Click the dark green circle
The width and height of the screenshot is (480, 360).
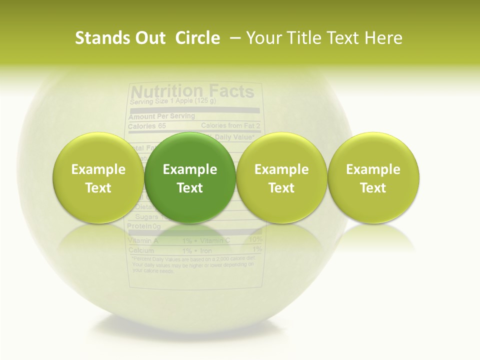(x=190, y=177)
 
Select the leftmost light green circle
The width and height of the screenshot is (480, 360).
(x=98, y=177)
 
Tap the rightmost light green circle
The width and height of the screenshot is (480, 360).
(x=373, y=177)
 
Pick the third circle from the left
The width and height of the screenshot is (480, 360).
(x=281, y=177)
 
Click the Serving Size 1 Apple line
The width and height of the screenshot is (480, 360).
(x=172, y=101)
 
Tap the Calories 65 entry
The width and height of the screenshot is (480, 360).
(x=147, y=126)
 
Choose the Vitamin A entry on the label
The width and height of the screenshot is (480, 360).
(x=143, y=240)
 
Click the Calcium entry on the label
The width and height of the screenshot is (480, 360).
(x=140, y=250)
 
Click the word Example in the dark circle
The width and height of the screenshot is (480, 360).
(x=190, y=169)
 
